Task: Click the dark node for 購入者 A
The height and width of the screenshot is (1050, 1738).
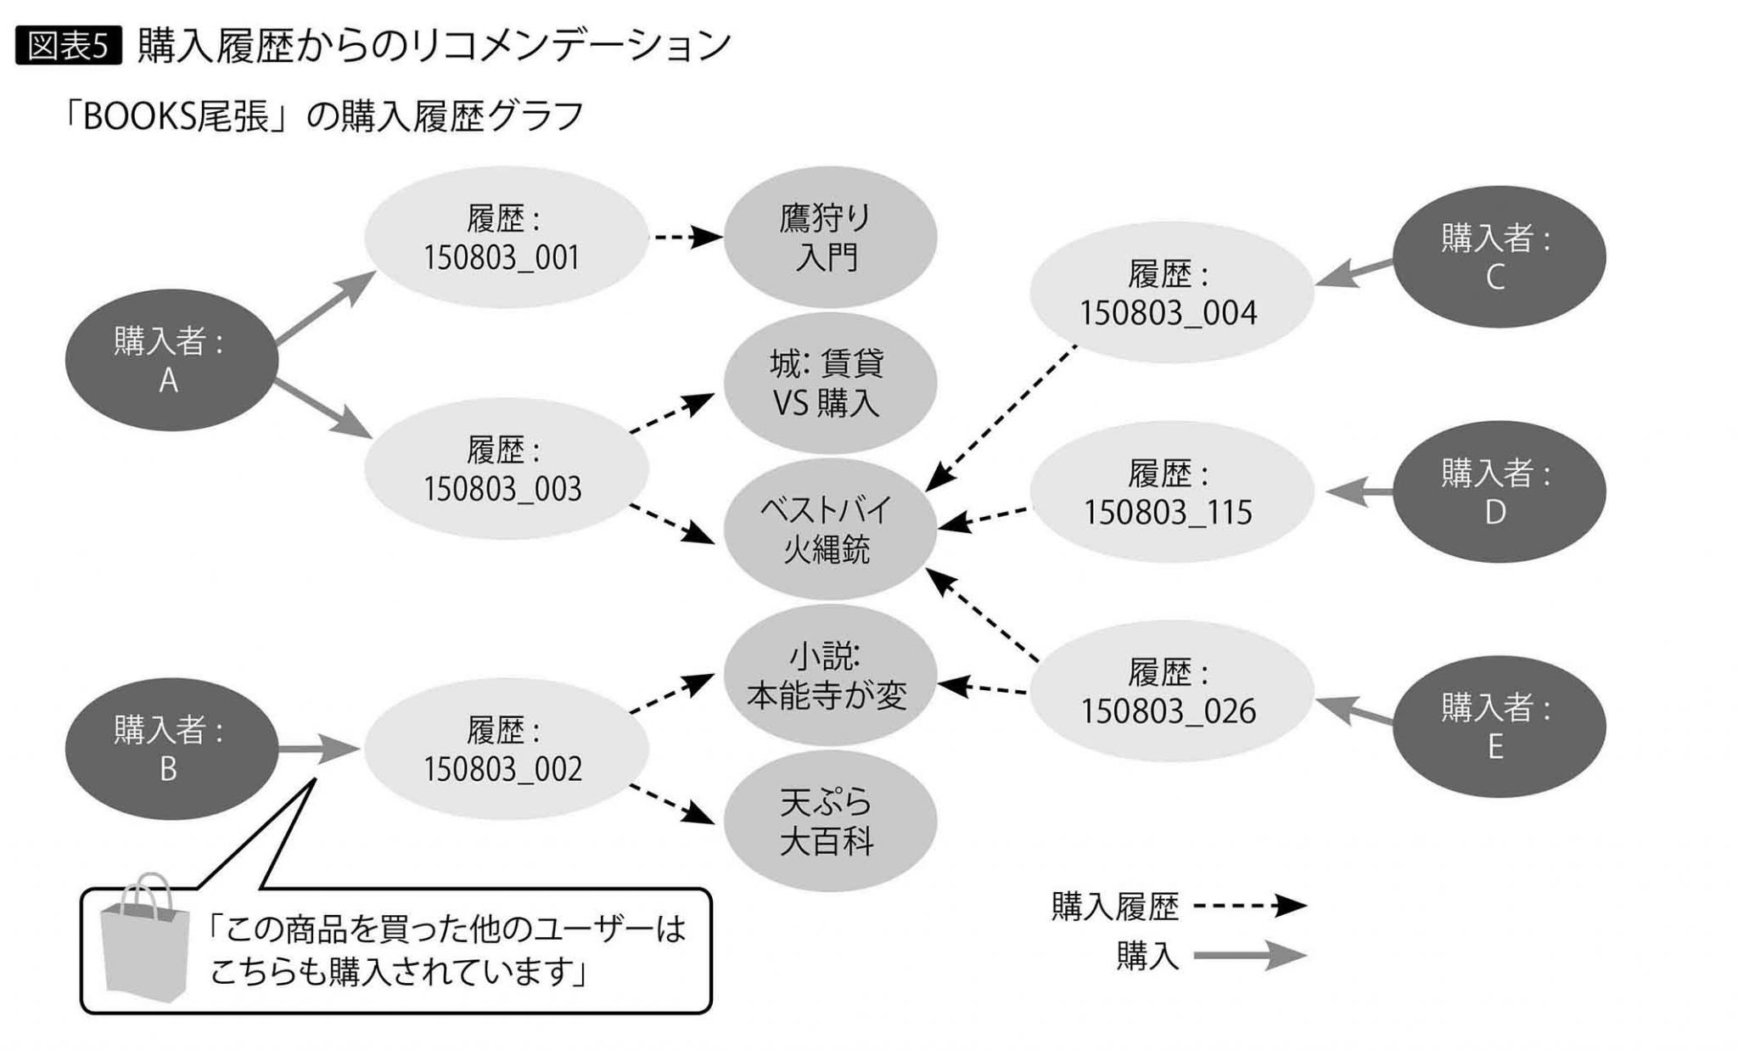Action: click(171, 361)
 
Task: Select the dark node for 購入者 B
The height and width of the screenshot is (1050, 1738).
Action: click(171, 749)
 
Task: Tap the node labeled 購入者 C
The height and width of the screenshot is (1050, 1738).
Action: click(1499, 257)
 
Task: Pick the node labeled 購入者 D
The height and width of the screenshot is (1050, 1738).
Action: click(1499, 491)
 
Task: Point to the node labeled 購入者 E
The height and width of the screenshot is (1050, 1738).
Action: click(1499, 727)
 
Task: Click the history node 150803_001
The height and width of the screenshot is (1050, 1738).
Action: click(506, 238)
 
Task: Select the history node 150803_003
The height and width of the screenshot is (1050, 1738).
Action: click(506, 469)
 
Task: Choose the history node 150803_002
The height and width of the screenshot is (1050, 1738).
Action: click(506, 749)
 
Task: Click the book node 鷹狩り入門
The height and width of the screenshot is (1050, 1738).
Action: click(829, 238)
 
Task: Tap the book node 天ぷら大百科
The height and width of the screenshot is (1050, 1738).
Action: click(829, 821)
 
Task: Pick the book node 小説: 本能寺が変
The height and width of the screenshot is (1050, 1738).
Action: click(829, 677)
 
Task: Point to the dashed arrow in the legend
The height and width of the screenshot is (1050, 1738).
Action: click(1248, 906)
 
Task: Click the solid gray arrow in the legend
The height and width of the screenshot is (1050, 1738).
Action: click(1248, 956)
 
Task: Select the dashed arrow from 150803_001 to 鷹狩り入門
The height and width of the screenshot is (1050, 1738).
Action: click(686, 237)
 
